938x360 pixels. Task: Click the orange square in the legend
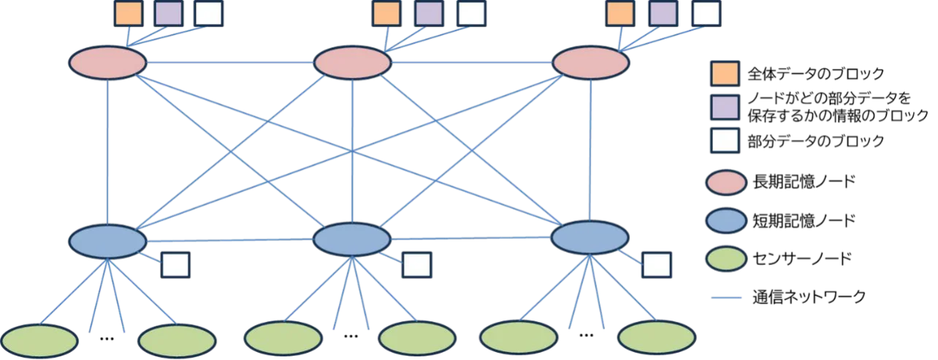(724, 73)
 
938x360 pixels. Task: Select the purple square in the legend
(724, 107)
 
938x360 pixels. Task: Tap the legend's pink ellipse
(725, 183)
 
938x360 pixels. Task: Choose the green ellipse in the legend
(725, 258)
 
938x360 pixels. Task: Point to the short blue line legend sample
(725, 298)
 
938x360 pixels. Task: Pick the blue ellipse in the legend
(725, 221)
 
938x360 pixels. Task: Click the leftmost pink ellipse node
(107, 63)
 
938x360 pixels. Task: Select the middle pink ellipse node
(352, 63)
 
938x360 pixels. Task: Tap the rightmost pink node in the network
(590, 63)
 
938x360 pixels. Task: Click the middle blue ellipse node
(352, 240)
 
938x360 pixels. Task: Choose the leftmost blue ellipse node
(107, 241)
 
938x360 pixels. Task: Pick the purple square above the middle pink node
(429, 14)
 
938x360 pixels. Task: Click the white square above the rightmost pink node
(705, 14)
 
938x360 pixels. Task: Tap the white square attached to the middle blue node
(417, 265)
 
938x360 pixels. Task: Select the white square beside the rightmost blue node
(656, 265)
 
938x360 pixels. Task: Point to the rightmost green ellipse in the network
(656, 337)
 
